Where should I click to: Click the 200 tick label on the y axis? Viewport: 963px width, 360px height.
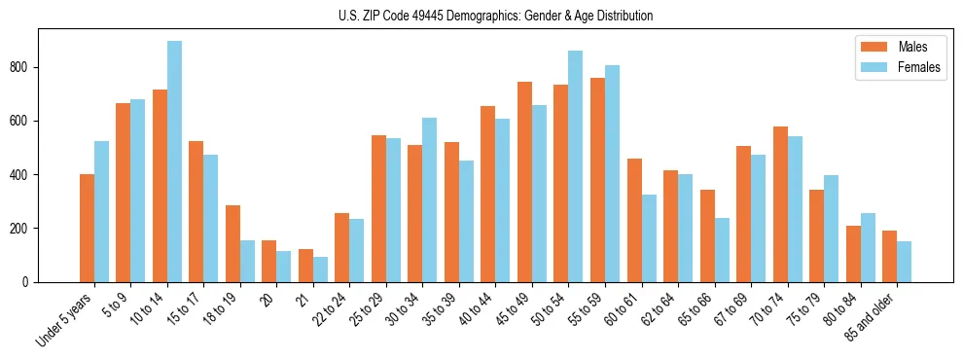click(22, 229)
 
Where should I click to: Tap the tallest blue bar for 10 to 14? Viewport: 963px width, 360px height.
click(174, 162)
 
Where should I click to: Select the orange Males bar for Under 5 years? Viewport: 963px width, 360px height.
click(88, 228)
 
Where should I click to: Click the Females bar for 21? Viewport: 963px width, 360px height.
click(320, 270)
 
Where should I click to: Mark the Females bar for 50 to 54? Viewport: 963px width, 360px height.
click(575, 166)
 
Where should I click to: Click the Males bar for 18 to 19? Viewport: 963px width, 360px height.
click(232, 243)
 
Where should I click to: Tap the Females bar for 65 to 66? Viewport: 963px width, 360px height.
click(721, 250)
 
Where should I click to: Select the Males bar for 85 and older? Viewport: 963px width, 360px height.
click(889, 256)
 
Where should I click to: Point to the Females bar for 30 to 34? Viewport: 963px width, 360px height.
click(429, 199)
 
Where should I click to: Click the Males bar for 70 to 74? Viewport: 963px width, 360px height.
click(780, 204)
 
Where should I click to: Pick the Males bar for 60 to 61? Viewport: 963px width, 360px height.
click(634, 220)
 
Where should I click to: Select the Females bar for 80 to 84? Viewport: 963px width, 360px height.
click(867, 247)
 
